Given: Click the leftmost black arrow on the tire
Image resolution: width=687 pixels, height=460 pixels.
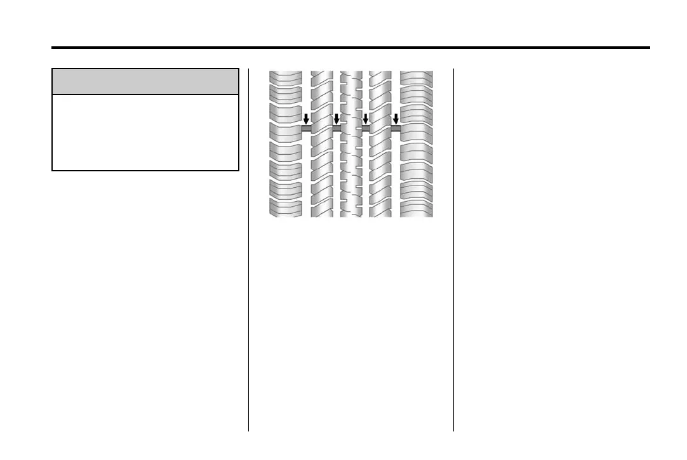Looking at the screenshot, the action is (306, 119).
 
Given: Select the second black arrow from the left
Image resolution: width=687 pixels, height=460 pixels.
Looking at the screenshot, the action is (337, 119).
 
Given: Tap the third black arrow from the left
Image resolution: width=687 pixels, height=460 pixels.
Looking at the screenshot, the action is (365, 119).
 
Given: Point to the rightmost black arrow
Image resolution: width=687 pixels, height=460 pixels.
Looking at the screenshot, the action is (396, 119).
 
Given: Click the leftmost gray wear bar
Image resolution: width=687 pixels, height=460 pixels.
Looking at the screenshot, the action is (306, 128).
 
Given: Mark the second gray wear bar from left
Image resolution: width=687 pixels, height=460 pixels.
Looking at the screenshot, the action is (337, 128).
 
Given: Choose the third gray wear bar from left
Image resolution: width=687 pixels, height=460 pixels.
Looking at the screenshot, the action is (365, 128).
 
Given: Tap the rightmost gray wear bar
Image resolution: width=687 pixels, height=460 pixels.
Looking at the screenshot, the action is (396, 128).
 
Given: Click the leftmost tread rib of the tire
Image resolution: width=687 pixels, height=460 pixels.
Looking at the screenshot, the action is (284, 171).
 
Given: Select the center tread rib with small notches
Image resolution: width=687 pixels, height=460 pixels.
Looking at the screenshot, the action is (351, 171).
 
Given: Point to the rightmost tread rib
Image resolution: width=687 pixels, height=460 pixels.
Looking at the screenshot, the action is (417, 171).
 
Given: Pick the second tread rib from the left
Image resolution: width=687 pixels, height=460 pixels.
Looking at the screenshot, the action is (321, 171).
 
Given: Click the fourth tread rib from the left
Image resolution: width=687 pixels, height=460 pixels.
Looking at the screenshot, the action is (380, 171).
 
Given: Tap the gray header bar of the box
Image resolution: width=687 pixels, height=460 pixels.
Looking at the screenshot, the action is (145, 82).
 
